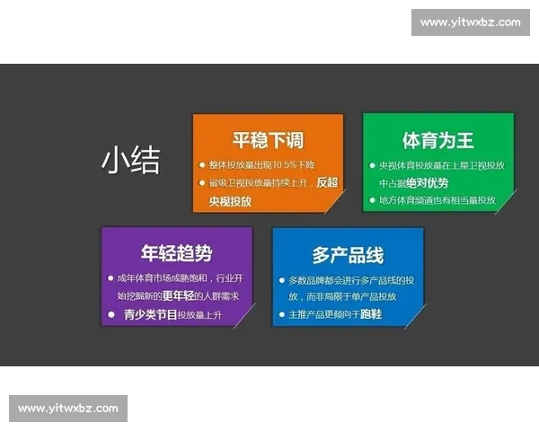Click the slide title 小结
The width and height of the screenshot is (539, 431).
pyautogui.click(x=131, y=160)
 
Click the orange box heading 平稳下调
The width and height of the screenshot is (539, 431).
pyautogui.click(x=268, y=140)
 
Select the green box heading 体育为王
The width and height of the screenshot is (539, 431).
pyautogui.click(x=437, y=140)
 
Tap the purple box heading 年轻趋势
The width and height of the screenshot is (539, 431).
pyautogui.click(x=176, y=254)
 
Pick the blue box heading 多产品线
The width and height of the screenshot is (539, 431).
pyautogui.click(x=347, y=255)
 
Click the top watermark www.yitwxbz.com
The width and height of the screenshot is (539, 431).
pyautogui.click(x=470, y=22)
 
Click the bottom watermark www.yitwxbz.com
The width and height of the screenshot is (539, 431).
pyautogui.click(x=68, y=408)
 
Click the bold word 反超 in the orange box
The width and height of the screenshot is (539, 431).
pyautogui.click(x=327, y=182)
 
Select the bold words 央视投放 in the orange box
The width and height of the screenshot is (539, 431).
pyautogui.click(x=230, y=201)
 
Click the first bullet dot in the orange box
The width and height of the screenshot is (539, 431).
pyautogui.click(x=202, y=166)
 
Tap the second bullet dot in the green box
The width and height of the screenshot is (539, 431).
pyautogui.click(x=371, y=199)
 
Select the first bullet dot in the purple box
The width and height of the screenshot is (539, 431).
pyautogui.click(x=109, y=278)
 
